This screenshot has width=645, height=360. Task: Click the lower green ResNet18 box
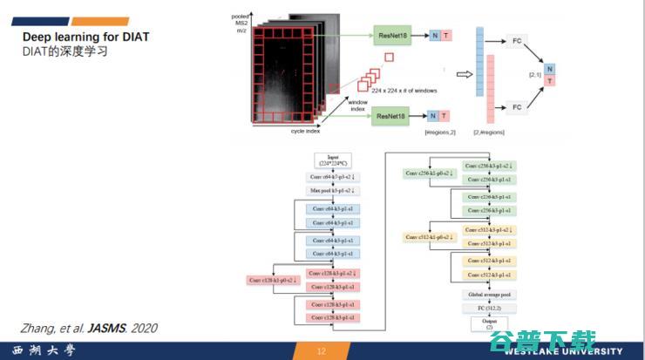point(390,116)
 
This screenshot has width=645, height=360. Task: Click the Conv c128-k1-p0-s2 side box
point(275,280)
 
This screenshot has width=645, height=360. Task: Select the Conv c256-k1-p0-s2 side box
point(429,173)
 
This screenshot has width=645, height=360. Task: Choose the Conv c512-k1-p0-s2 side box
point(429,237)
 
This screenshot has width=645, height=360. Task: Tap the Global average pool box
point(489,295)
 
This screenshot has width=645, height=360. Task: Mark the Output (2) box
point(489,323)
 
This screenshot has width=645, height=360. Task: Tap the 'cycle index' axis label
point(305,132)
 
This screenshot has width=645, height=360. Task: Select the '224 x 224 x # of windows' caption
point(404,91)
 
